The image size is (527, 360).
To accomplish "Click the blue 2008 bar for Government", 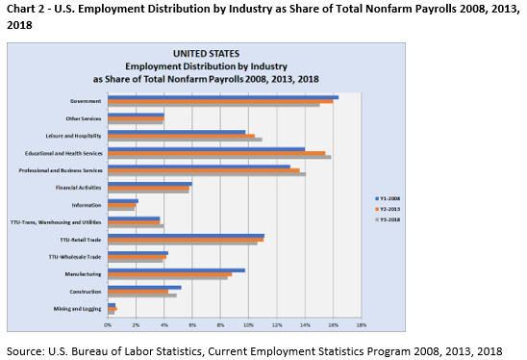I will click(x=222, y=96).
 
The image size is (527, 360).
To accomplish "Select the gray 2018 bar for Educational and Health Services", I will click(x=219, y=157).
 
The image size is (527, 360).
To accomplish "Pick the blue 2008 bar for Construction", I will click(x=144, y=287).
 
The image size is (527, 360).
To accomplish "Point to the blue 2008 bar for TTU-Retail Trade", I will click(x=186, y=235).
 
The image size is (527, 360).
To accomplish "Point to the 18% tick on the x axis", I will click(x=362, y=325).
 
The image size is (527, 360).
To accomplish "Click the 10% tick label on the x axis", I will click(x=249, y=325).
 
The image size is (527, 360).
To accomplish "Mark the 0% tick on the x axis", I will click(x=109, y=325).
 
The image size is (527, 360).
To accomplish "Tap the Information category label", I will click(x=88, y=205).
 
